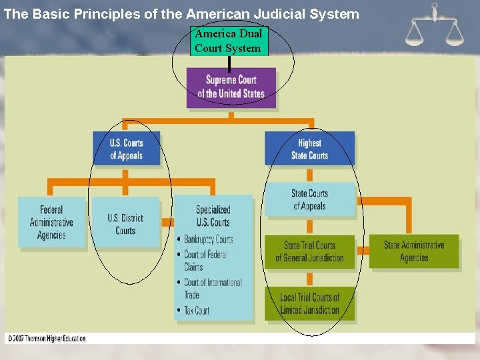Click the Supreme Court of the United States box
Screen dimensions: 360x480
[231, 87]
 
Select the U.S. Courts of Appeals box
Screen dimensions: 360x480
[126, 149]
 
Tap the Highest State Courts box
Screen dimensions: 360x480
[309, 149]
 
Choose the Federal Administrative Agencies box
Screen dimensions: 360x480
[52, 223]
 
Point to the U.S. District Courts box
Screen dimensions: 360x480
[125, 224]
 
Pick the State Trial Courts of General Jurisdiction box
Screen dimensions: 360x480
[309, 251]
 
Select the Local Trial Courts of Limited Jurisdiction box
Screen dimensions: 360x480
[309, 303]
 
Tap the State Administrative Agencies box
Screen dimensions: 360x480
[414, 251]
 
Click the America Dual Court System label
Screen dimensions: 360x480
[228, 41]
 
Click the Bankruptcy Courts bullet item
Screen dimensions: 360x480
[208, 239]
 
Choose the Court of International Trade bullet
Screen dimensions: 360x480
[212, 288]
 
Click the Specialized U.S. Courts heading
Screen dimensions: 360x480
[213, 216]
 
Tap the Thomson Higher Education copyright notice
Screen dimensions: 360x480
[47, 339]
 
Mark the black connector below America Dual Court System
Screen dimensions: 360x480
[229, 63]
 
